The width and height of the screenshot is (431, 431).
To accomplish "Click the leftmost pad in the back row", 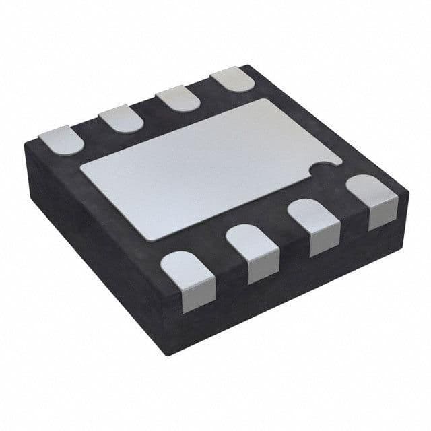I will click(61, 140).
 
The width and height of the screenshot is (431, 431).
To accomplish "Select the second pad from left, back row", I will click(121, 119).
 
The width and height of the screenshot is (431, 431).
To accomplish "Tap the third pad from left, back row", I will click(178, 99).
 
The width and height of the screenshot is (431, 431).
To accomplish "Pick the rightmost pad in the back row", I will click(232, 79).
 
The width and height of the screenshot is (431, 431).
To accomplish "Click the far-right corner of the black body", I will click(407, 195).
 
